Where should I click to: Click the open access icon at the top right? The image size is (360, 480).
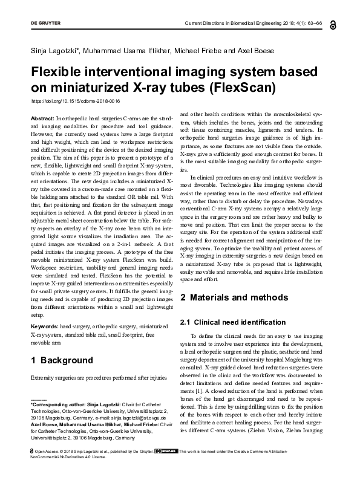[x=333, y=24]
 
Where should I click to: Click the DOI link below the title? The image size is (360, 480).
[x=75, y=101]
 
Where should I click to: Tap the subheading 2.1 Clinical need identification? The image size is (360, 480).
[x=233, y=322]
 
